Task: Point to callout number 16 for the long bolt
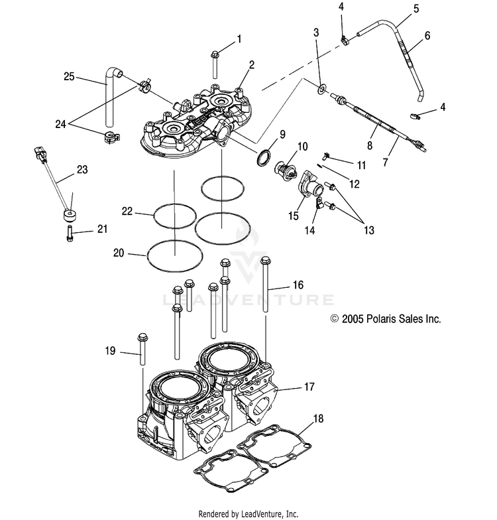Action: point(298,285)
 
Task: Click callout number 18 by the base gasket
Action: point(318,419)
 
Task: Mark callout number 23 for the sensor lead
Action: point(82,169)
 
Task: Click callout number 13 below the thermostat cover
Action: point(368,230)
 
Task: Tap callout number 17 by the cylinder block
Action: point(308,387)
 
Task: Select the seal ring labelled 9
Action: point(264,157)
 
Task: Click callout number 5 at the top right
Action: point(416,9)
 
